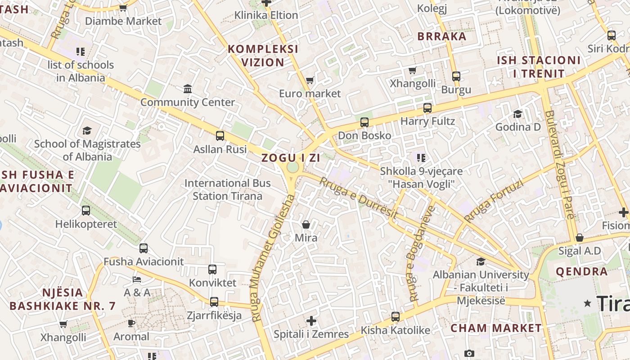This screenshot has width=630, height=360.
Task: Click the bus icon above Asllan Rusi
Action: click(x=220, y=136)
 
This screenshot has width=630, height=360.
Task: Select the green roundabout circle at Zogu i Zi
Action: click(x=292, y=167)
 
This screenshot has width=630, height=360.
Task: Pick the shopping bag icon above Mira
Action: click(x=306, y=224)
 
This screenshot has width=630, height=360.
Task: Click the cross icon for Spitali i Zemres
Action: click(x=311, y=321)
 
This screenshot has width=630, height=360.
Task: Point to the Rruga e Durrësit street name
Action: click(x=358, y=198)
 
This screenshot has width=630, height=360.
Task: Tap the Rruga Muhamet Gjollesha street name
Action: click(x=273, y=258)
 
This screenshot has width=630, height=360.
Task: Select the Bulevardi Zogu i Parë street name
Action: click(x=559, y=164)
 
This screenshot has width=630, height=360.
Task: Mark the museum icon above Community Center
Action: click(x=188, y=89)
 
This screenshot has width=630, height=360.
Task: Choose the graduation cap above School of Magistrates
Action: click(x=87, y=130)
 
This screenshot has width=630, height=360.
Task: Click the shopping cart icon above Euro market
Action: click(x=310, y=81)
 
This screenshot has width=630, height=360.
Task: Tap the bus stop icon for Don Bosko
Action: click(x=364, y=122)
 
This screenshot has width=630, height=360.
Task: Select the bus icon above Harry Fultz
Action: click(x=427, y=108)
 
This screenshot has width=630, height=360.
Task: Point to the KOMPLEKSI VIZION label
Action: click(x=263, y=56)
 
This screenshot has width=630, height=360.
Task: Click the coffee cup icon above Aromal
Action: click(x=131, y=323)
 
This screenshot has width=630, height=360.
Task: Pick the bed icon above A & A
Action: click(x=137, y=279)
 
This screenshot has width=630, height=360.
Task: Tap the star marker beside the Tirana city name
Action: click(x=587, y=303)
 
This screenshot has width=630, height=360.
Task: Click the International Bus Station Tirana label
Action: click(x=227, y=189)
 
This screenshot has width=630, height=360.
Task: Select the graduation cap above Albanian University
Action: click(x=481, y=261)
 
